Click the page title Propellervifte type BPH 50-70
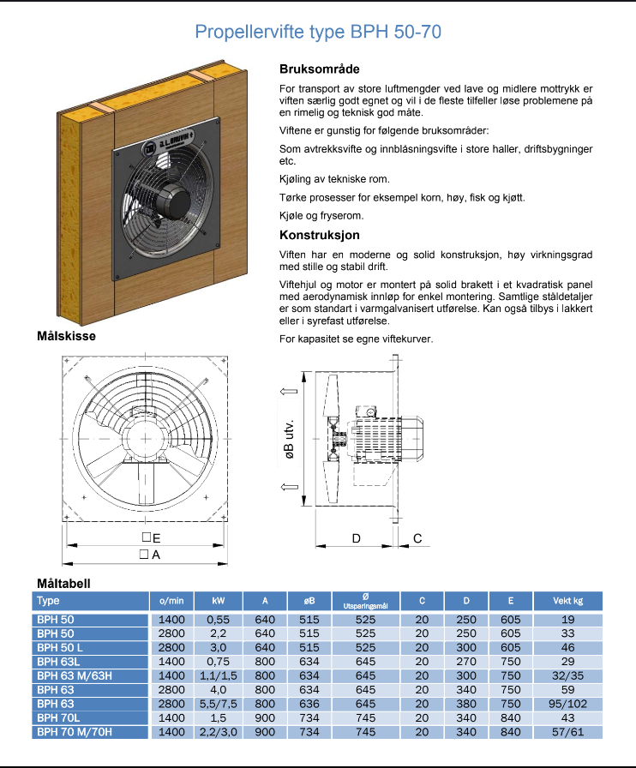click(318, 33)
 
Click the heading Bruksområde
click(320, 69)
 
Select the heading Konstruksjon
click(320, 235)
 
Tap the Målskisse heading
click(65, 336)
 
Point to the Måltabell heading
click(63, 583)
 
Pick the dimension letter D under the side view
click(357, 537)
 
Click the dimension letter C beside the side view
click(417, 537)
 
